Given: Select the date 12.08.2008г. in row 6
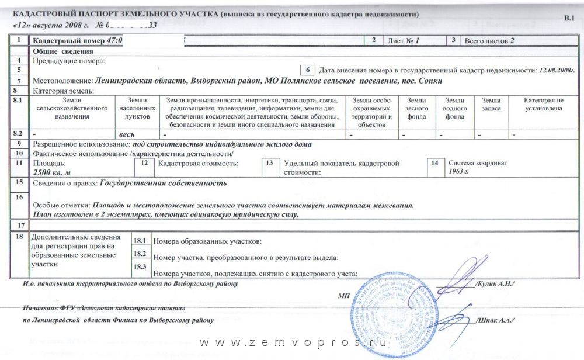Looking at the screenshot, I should (x=556, y=70).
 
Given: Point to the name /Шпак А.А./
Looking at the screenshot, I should (x=495, y=320).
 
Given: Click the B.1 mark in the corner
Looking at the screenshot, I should (x=570, y=19).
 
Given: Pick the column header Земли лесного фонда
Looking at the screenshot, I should (x=416, y=108).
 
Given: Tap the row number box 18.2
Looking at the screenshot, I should (x=140, y=254).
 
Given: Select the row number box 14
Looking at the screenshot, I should (x=434, y=164).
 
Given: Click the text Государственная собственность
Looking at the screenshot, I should (x=164, y=183).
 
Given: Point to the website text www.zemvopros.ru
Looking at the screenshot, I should (x=293, y=342).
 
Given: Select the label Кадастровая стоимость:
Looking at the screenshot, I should (x=199, y=164).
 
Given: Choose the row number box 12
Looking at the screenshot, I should (x=142, y=164).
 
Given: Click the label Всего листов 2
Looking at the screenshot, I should (x=489, y=41).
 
